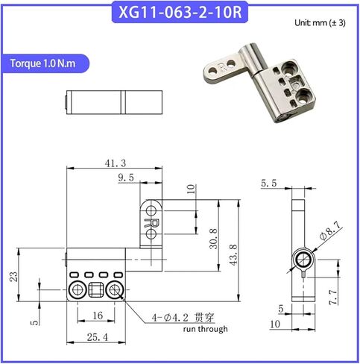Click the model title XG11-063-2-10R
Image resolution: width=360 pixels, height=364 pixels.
coord(180,12)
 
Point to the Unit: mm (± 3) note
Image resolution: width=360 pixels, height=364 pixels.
coord(320,23)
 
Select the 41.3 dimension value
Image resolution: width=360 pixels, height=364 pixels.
coord(116,163)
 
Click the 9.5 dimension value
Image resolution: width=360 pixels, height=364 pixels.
coord(126,178)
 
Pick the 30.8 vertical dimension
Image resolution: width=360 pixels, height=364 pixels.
coord(213,239)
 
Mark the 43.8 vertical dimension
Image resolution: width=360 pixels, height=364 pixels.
coord(233,255)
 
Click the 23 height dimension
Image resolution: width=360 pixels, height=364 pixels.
coord(13,277)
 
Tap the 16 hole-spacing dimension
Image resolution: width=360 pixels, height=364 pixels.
coord(98,316)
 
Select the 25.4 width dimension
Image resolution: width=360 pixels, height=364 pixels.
coord(98,337)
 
